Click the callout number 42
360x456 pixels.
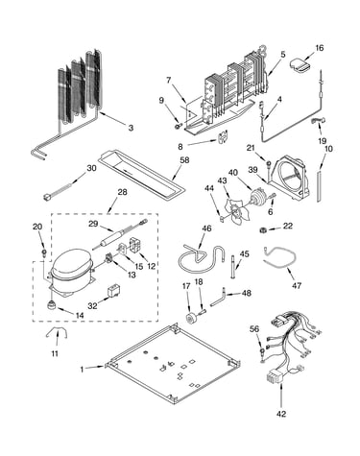[x=281, y=414]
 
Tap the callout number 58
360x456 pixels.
[x=184, y=160]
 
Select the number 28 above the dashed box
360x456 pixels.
[x=122, y=192]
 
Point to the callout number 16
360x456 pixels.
[x=320, y=48]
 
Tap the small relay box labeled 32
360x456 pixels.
[x=113, y=292]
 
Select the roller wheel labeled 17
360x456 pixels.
[x=191, y=319]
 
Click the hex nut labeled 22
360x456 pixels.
[x=263, y=229]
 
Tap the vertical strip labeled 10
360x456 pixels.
[x=319, y=186]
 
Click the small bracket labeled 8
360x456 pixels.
[x=222, y=136]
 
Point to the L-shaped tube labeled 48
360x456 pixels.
[x=218, y=298]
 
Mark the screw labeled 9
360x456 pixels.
[x=179, y=127]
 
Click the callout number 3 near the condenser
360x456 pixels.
[x=131, y=128]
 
